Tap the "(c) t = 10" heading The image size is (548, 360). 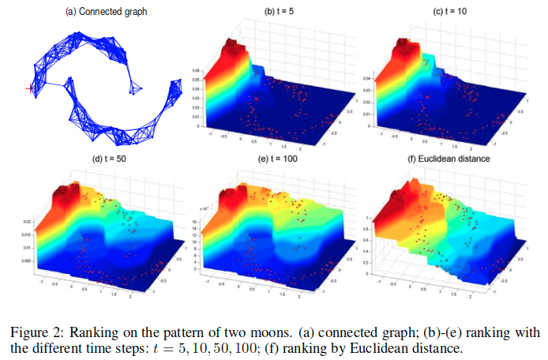[452, 13]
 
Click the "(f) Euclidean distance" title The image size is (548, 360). [452, 158]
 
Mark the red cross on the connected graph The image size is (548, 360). [30, 88]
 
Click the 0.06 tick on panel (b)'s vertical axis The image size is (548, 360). [196, 71]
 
